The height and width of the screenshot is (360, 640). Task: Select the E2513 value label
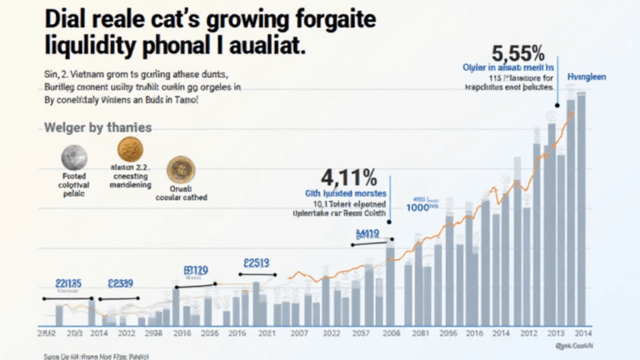pyautogui.click(x=256, y=263)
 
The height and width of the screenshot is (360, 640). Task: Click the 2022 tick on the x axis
pyautogui.click(x=331, y=333)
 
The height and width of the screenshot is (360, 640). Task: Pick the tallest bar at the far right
pyautogui.click(x=582, y=208)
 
